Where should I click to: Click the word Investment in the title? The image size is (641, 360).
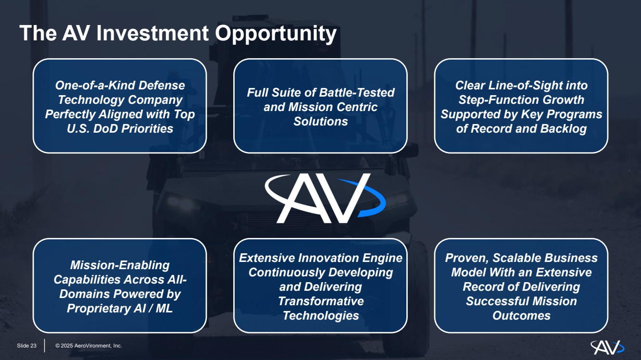coord(152,33)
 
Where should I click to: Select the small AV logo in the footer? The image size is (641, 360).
coord(607,347)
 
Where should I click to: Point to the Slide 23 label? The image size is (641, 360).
coord(26,346)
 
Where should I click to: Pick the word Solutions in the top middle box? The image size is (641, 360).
coord(320,121)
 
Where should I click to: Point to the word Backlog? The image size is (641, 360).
coord(563,128)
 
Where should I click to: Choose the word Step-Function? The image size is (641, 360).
coord(498,99)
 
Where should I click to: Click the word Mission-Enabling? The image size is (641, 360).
coord(120,265)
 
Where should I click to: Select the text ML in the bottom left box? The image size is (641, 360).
coord(164,308)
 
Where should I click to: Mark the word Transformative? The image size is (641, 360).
coord(321,301)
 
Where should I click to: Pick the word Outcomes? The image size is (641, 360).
coord(521,316)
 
